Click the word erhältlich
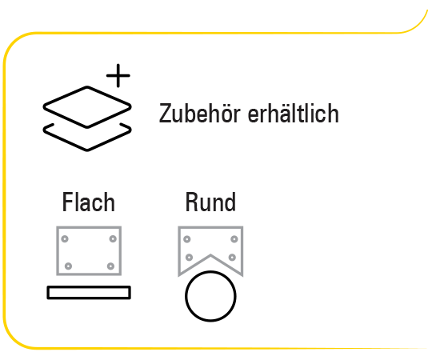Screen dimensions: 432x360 pos(293,114)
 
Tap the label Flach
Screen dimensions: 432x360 pos(89,202)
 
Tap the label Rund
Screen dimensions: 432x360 pos(210,202)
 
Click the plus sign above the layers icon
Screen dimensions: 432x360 pos(118,75)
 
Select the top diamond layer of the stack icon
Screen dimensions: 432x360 pos(87,87)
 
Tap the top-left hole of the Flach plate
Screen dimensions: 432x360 pos(65,239)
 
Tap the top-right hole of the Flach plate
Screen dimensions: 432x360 pos(113,239)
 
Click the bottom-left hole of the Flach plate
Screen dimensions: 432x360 pos(68,266)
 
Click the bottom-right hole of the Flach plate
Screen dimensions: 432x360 pos(110,266)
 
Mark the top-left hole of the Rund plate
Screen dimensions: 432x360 pos(186,239)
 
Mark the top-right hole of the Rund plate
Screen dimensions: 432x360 pos(234,239)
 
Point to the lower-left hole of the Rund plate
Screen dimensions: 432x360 pos(189,258)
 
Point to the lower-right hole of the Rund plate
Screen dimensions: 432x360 pos(232,258)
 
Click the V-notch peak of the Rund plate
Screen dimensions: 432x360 pos(210,255)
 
